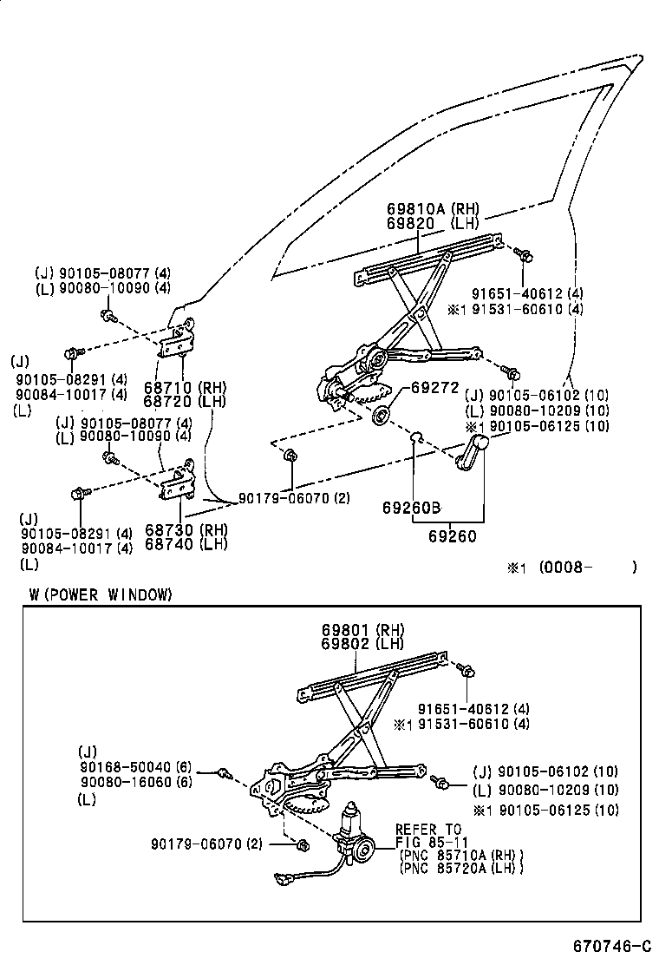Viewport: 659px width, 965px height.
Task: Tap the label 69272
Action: pos(434,388)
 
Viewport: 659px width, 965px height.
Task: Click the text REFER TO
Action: pos(428,830)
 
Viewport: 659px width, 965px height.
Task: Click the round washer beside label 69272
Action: pos(380,416)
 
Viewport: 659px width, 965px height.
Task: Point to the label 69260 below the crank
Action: pos(452,537)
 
